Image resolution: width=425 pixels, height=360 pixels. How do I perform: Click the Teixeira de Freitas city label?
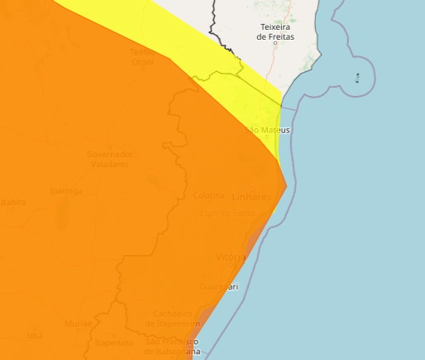click(275, 31)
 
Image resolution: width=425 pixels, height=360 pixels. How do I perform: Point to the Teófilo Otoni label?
click(142, 56)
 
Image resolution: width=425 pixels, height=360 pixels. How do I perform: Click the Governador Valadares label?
click(109, 159)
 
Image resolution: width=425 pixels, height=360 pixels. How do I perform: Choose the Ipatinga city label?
click(66, 191)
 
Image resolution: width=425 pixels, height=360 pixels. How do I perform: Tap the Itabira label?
click(12, 202)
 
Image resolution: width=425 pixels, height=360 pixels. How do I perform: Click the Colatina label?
click(208, 195)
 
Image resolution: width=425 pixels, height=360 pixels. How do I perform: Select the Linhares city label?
click(252, 198)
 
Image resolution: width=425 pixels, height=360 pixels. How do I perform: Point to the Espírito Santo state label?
click(227, 213)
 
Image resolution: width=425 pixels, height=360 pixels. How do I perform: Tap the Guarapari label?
click(218, 286)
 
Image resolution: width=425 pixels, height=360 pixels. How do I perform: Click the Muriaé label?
click(79, 323)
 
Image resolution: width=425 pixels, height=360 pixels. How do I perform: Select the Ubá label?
click(34, 334)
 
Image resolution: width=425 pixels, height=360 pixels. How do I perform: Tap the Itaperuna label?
click(113, 342)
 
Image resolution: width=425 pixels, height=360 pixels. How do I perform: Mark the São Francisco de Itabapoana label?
click(173, 346)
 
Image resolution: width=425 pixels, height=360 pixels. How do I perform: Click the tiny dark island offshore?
click(356, 79)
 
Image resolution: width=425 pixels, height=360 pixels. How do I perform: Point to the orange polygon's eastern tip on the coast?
click(286, 186)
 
